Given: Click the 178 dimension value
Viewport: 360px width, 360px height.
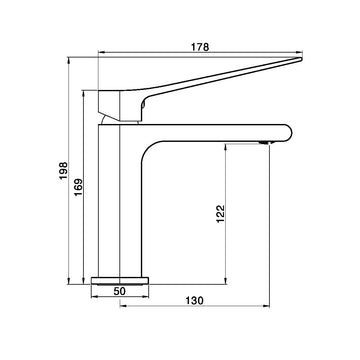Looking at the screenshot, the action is (x=200, y=47).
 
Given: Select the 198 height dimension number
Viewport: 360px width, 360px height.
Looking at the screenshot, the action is (x=63, y=171).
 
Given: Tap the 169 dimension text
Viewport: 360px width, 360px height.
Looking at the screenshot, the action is (x=78, y=187).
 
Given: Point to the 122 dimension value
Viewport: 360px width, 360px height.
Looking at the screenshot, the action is (x=221, y=214).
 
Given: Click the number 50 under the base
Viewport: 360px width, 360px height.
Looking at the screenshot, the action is (x=119, y=291).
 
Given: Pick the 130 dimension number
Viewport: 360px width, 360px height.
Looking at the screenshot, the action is (x=194, y=301).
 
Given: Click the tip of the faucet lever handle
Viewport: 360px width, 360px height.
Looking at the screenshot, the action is (x=301, y=59).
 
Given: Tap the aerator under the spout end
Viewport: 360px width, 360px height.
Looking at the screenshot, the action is (x=265, y=143).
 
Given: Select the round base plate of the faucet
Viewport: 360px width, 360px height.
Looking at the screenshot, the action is (x=120, y=281).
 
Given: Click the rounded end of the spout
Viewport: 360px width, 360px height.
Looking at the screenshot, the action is (x=289, y=133).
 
